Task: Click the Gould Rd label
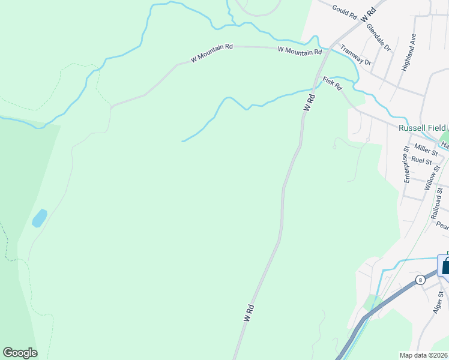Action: click(x=345, y=12)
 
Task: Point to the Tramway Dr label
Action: click(x=356, y=55)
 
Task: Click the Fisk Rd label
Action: click(x=332, y=83)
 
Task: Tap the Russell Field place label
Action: click(x=423, y=128)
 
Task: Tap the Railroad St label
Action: click(x=437, y=207)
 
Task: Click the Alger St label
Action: click(x=438, y=302)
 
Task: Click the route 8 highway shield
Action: click(x=420, y=280)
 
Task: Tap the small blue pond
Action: click(x=39, y=218)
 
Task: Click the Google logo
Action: click(x=20, y=353)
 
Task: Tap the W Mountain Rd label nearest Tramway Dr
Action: click(x=300, y=52)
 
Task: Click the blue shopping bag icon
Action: click(x=445, y=266)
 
